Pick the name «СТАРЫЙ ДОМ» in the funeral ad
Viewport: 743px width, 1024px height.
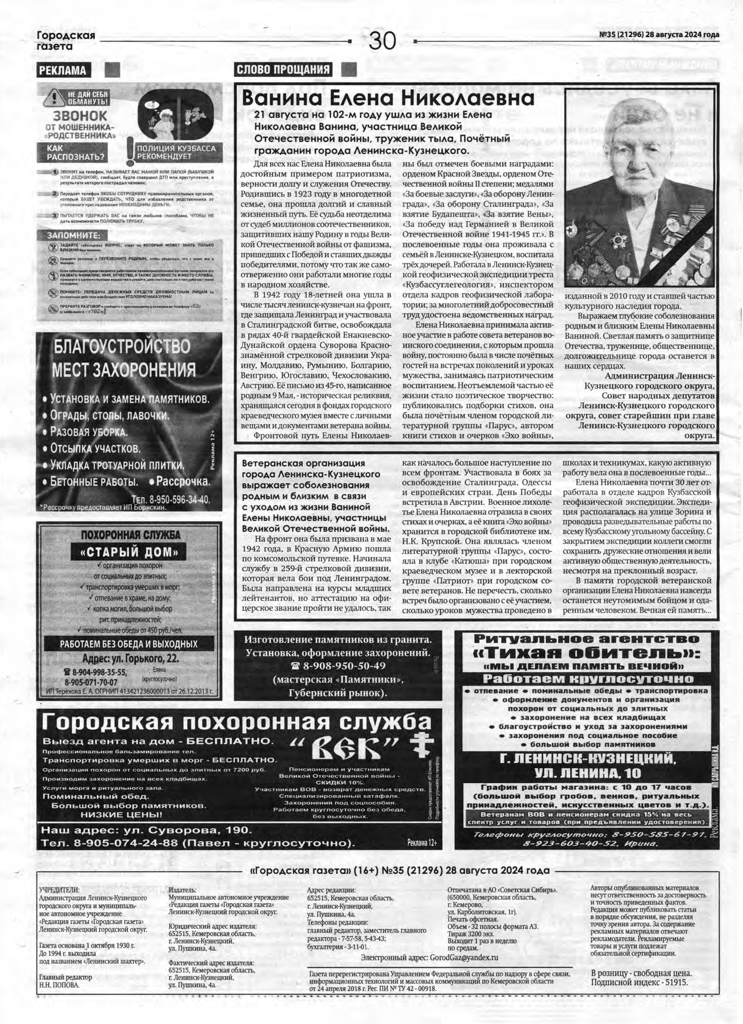click(128, 552)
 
